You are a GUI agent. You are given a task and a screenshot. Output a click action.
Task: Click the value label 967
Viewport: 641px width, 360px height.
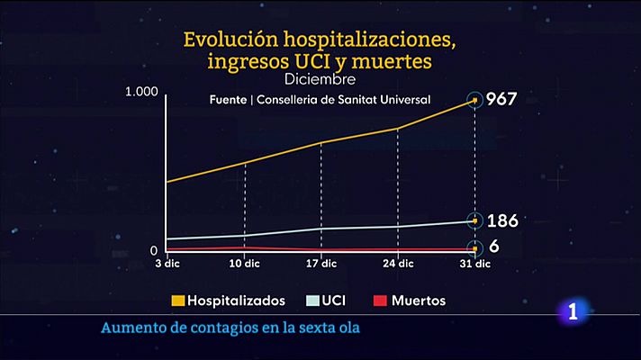click(x=501, y=99)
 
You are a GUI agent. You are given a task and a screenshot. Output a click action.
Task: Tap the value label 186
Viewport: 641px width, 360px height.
click(x=501, y=220)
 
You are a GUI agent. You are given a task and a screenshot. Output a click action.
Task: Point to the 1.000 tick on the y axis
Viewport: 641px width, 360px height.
click(x=142, y=92)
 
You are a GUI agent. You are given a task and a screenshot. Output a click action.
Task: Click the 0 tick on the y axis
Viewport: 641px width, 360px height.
click(x=153, y=250)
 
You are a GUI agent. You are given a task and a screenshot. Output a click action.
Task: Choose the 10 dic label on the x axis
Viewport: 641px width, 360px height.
click(x=245, y=264)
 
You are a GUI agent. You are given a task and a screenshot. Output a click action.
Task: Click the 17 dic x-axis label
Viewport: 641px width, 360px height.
click(x=321, y=264)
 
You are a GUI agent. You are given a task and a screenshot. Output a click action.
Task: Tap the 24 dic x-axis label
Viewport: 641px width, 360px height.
click(x=398, y=264)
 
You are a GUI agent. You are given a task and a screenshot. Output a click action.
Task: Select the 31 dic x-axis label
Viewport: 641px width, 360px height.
click(x=474, y=264)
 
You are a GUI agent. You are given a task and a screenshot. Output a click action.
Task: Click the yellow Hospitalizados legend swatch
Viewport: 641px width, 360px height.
click(x=179, y=301)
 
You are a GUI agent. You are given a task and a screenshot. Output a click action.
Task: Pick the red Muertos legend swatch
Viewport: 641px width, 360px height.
click(x=379, y=301)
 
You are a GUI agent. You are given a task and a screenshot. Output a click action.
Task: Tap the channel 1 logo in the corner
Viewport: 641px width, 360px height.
click(x=573, y=314)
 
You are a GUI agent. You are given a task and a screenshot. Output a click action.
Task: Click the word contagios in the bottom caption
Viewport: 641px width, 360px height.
click(x=205, y=327)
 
